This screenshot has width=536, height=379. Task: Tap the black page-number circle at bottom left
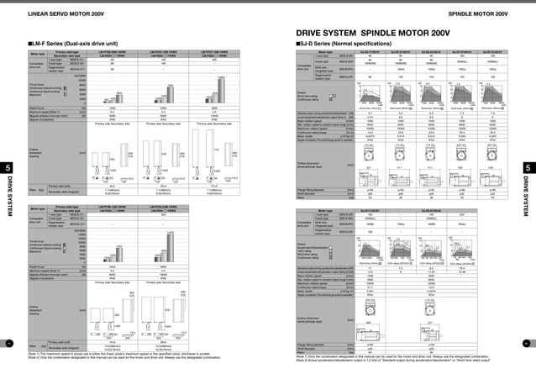click(8, 344)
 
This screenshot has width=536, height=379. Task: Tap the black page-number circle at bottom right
click(527, 344)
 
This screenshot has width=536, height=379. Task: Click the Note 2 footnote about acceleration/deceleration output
click(403, 360)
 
